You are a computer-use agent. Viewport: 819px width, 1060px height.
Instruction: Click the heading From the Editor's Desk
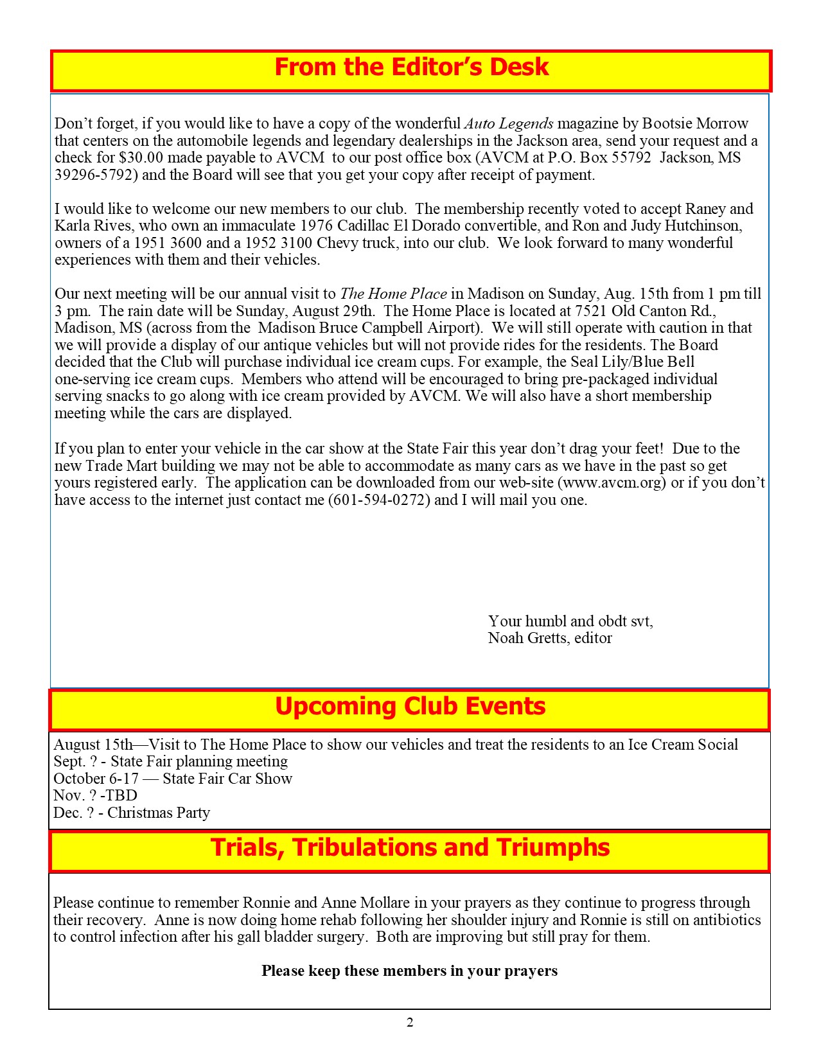[x=411, y=67]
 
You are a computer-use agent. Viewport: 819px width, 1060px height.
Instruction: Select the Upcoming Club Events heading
[x=410, y=707]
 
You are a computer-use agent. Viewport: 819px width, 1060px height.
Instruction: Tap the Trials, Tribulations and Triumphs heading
[x=410, y=848]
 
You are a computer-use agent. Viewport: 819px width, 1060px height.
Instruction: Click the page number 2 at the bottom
[x=410, y=1022]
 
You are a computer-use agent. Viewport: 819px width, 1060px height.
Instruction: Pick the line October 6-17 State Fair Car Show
[x=173, y=779]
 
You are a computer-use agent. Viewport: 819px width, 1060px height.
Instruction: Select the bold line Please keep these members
[x=409, y=971]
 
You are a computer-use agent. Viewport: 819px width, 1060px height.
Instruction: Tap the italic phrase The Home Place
[x=393, y=294]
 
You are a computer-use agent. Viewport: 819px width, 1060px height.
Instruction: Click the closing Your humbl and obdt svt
[x=570, y=621]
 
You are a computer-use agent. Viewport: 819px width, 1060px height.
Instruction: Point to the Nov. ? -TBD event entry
[x=95, y=795]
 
